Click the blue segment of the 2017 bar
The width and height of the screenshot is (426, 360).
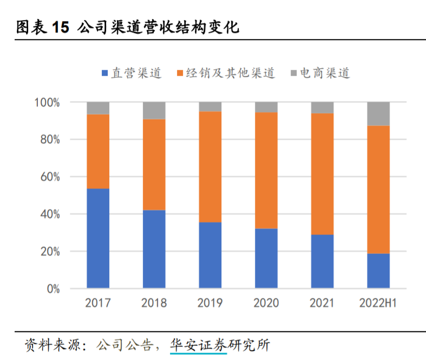(98, 238)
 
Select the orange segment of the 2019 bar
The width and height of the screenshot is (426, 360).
(210, 167)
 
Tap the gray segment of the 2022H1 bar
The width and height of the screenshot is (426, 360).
(378, 114)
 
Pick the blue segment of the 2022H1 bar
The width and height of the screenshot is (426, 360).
(378, 271)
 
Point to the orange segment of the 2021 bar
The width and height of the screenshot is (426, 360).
(322, 174)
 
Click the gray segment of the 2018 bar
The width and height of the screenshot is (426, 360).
(154, 110)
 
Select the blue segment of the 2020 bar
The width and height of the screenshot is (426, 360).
(266, 258)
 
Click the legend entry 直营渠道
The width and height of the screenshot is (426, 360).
(131, 73)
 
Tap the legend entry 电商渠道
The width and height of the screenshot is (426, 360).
(319, 73)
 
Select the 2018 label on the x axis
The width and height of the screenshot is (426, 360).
(154, 303)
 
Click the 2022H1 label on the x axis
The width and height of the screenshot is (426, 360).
(378, 303)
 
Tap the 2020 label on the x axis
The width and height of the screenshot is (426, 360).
(266, 303)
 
